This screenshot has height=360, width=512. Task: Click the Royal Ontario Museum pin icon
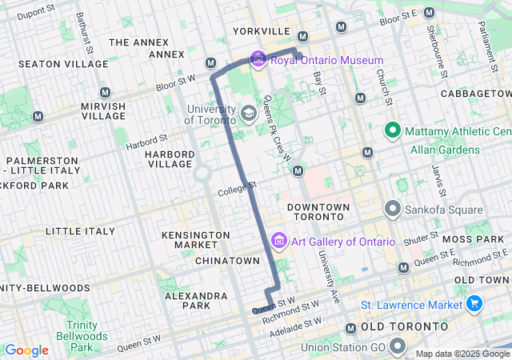(258, 60)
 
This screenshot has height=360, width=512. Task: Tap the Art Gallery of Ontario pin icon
(279, 241)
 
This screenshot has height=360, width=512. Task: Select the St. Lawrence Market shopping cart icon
(474, 305)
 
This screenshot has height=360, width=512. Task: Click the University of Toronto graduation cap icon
(249, 113)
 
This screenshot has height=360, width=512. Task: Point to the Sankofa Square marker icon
(393, 210)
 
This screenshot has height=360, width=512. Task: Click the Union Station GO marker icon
(398, 347)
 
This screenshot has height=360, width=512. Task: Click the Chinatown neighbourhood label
(227, 261)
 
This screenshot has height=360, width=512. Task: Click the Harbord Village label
(169, 159)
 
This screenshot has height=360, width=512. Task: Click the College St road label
(237, 190)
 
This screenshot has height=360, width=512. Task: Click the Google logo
(26, 350)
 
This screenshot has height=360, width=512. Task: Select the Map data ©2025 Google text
(462, 354)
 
